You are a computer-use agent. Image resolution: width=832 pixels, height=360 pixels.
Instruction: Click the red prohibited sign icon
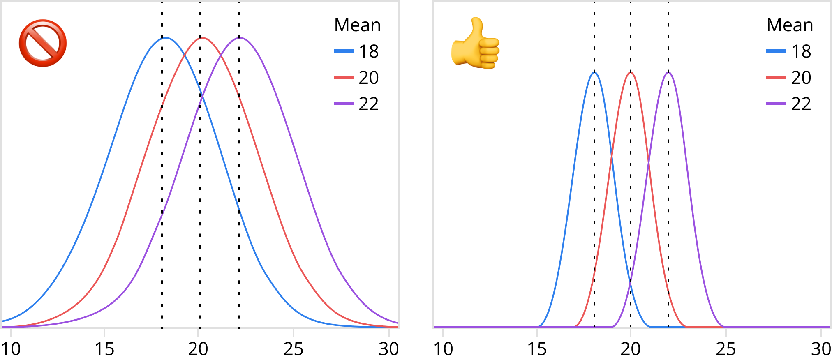[x=43, y=43]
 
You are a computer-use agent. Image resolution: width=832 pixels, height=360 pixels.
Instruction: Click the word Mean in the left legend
[x=357, y=25]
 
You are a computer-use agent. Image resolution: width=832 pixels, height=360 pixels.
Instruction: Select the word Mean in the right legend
[x=790, y=25]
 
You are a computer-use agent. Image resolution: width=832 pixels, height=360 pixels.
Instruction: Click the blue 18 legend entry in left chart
[x=356, y=51]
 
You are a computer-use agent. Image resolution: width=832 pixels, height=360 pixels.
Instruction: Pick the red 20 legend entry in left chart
[x=356, y=78]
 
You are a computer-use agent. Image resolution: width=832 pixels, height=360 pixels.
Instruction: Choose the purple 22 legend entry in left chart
[x=356, y=104]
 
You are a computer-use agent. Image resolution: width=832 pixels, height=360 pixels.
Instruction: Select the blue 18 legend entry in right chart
[x=789, y=51]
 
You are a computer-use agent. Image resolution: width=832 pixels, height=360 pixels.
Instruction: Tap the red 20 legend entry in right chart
[x=789, y=78]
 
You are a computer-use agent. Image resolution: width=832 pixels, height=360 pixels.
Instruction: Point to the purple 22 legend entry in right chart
[x=789, y=104]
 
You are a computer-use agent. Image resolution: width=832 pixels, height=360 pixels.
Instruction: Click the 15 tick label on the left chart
[x=104, y=349]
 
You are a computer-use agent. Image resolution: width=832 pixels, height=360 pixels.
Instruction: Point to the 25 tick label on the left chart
[x=293, y=349]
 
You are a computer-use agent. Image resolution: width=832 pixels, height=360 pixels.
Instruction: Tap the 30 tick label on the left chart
[x=388, y=349]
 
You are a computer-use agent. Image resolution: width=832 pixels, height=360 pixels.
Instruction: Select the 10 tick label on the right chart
[x=443, y=349]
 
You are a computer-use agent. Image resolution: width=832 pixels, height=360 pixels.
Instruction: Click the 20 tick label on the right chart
[x=631, y=349]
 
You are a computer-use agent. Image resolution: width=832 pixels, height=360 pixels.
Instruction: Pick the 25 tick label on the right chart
[x=726, y=349]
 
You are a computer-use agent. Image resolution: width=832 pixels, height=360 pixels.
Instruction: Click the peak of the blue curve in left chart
[x=165, y=38]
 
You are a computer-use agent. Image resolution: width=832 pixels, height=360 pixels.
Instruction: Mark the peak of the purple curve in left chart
[x=240, y=38]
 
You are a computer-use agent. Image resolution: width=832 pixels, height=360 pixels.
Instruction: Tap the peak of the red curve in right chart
[x=631, y=72]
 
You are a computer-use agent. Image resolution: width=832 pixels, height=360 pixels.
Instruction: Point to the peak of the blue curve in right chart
[x=594, y=72]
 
